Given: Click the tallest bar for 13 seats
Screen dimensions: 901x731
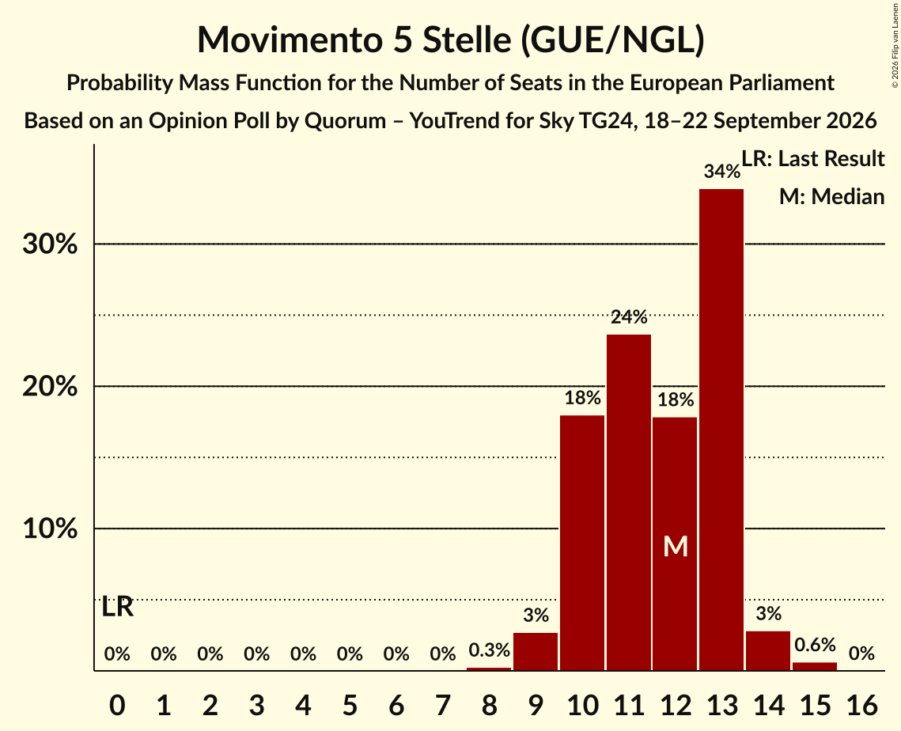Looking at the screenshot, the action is click(721, 430).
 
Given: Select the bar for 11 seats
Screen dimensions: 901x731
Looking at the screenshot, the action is click(629, 502).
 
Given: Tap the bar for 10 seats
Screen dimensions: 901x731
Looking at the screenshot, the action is click(582, 543).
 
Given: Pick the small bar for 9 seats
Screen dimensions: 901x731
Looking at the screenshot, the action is click(536, 651).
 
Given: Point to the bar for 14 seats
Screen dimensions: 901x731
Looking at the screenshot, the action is click(767, 650).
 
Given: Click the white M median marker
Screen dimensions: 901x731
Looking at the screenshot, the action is click(676, 546).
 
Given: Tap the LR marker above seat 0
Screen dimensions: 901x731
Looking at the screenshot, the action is click(117, 607).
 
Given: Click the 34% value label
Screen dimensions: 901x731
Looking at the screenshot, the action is click(721, 171).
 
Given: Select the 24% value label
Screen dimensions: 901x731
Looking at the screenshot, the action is click(629, 316).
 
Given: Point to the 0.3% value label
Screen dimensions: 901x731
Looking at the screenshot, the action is click(489, 650).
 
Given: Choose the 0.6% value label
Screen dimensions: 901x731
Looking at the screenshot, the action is click(815, 645).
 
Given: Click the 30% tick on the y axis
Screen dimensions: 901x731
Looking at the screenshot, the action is click(50, 244).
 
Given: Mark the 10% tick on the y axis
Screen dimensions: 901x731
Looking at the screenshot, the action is click(50, 528).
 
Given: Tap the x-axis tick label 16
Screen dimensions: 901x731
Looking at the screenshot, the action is click(861, 705).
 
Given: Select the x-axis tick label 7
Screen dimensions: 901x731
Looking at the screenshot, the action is click(442, 705).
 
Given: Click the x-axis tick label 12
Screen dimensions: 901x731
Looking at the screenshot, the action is click(676, 705).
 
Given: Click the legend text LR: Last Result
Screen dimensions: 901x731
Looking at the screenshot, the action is click(812, 158).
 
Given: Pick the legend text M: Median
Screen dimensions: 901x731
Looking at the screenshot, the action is click(831, 196).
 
